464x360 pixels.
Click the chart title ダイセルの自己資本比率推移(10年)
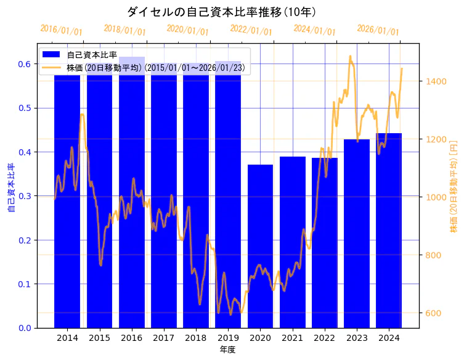221,12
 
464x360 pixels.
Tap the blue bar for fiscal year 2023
357,234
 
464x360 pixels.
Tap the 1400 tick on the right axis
434,81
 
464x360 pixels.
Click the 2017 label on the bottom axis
163,338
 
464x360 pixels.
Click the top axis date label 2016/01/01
61,29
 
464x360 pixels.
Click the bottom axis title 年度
227,350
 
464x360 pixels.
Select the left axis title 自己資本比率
11,187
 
